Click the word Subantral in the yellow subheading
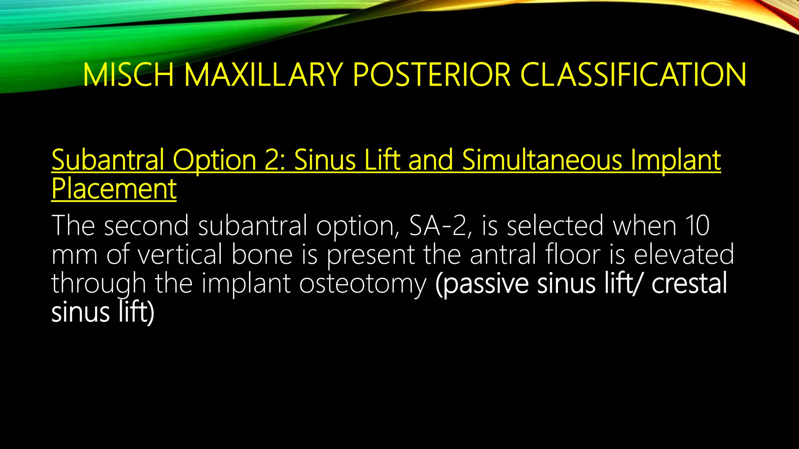coord(107,160)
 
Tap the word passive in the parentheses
coord(482,284)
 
